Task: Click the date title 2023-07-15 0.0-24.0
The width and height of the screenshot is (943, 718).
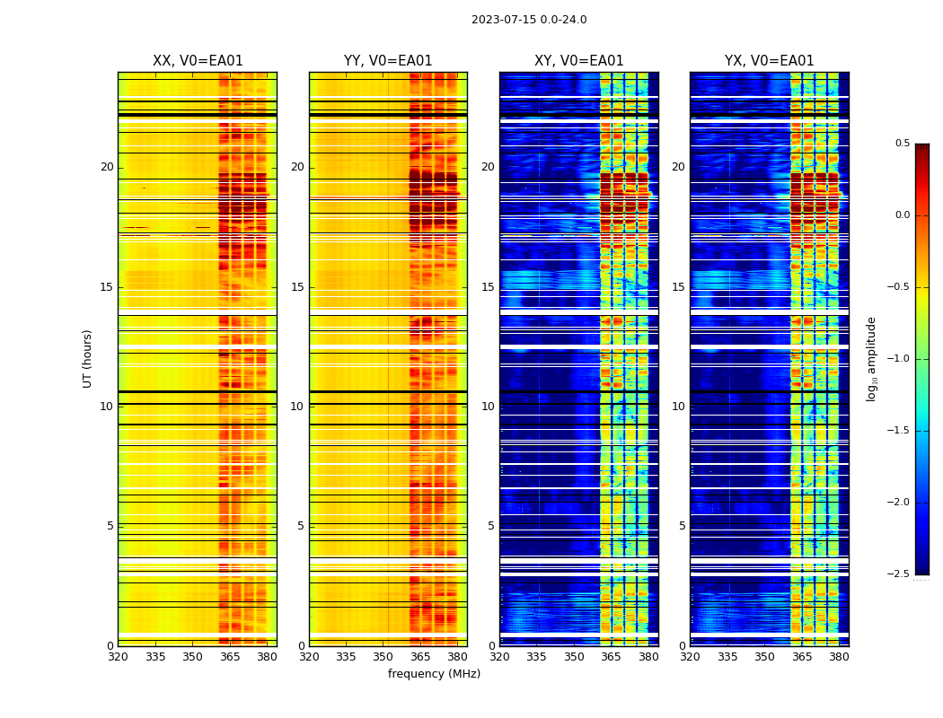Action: [529, 20]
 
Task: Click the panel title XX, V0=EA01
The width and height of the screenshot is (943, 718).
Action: [198, 61]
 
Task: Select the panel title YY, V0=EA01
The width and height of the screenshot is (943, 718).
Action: [388, 61]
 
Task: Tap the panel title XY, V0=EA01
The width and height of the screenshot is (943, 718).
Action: [578, 61]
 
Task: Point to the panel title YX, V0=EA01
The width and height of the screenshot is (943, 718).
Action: [769, 61]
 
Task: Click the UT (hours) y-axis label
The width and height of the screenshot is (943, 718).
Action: [88, 358]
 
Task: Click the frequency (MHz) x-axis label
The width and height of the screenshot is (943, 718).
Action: [434, 674]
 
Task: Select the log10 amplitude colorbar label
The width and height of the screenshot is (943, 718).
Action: [871, 358]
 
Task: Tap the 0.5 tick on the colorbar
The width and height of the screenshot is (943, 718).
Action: [903, 144]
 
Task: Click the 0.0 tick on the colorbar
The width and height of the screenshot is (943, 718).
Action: [903, 215]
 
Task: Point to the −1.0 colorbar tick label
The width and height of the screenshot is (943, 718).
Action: [900, 359]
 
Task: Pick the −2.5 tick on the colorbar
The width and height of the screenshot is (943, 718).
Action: [900, 574]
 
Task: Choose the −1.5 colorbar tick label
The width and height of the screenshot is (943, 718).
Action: [900, 431]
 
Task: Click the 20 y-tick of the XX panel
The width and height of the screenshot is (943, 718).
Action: [107, 167]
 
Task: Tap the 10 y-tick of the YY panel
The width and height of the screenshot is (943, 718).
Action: [297, 407]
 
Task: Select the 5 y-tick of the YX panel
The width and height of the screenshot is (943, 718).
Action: [683, 526]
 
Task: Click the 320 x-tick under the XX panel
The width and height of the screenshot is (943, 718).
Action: [118, 657]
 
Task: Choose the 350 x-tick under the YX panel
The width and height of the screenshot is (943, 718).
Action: [764, 657]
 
